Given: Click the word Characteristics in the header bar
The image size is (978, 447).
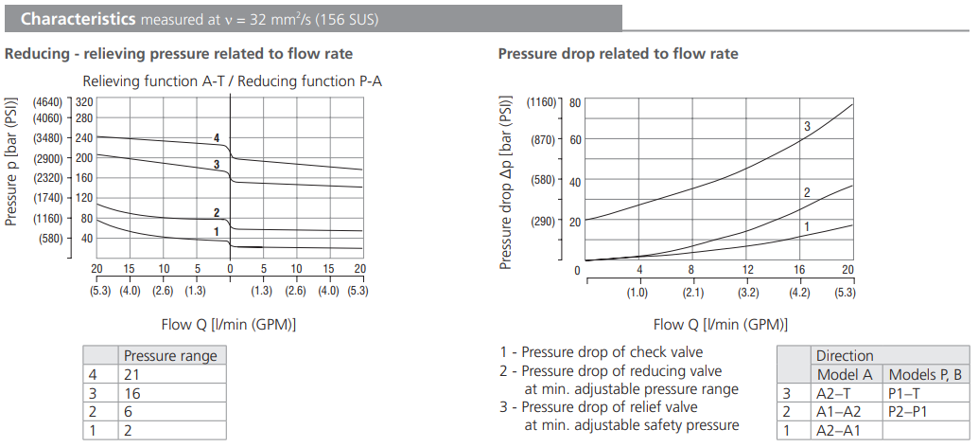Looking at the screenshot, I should coord(77,19).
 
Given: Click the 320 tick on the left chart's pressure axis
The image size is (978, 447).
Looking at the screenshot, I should coord(83,101).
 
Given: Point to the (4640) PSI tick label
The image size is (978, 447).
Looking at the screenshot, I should coord(47,101).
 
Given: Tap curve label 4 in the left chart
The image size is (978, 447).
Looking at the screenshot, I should coord(217,138).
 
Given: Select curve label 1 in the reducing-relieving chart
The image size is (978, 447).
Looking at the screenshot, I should coord(217,231).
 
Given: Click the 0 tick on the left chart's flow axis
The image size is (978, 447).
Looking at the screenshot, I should coord(230,269).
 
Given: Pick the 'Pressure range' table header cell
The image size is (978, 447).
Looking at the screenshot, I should coord(171,356).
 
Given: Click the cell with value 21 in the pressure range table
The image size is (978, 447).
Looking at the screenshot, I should coord(171,374).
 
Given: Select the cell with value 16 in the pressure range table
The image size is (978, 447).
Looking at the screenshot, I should coord(171,391).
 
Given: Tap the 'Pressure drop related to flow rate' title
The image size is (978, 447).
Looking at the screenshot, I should coord(618,54).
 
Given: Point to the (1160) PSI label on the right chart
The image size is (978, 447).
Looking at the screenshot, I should coord(542,101).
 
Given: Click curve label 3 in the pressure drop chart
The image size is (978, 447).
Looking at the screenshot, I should coord(807,126).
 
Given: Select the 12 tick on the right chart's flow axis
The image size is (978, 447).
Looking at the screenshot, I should coord(747,270).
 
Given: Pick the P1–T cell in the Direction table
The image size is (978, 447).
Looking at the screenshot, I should coord(925,392).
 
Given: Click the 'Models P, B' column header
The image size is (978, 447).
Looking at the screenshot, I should coord(925,374).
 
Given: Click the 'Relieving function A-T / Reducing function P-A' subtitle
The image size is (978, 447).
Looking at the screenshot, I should coord(233,81).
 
